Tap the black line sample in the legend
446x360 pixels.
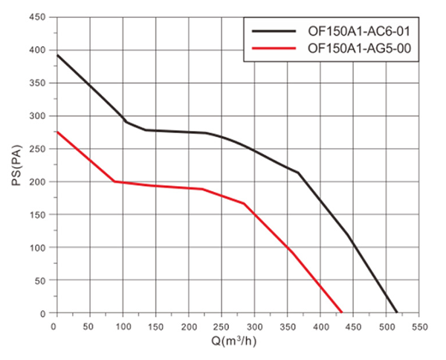(274, 32)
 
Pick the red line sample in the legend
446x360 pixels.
(274, 48)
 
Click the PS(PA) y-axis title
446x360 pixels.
(17, 165)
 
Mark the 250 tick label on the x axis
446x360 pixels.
(222, 327)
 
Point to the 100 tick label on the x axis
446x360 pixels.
(122, 327)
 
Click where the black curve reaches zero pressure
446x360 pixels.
(397, 312)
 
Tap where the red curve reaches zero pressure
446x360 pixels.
(341, 312)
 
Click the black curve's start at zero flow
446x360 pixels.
(56, 55)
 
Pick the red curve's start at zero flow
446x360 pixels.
(56, 132)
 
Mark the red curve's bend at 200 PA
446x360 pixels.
(114, 181)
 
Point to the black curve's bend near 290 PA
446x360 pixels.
(126, 122)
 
